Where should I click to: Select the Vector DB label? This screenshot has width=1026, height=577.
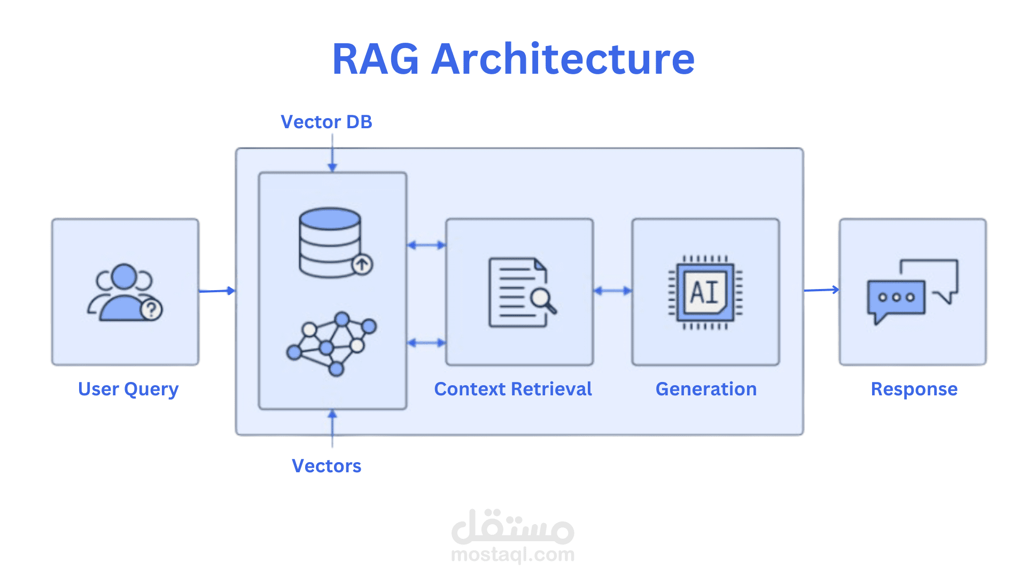[x=326, y=122]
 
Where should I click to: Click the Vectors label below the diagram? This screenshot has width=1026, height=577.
[x=327, y=466]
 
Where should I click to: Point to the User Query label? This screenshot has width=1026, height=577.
[x=128, y=389]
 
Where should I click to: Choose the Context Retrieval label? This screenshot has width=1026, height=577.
[x=513, y=389]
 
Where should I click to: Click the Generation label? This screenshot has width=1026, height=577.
[x=706, y=389]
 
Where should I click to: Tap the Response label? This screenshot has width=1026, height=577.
[x=914, y=389]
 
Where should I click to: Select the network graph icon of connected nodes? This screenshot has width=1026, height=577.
[x=332, y=343]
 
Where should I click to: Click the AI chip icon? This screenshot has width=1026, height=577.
[x=705, y=292]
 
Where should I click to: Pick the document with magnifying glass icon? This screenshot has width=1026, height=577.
[x=521, y=292]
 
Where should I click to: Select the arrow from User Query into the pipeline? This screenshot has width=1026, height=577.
[x=216, y=291]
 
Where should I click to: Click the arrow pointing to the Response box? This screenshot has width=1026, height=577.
[x=821, y=290]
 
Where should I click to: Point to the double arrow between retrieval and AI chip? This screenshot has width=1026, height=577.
[x=612, y=291]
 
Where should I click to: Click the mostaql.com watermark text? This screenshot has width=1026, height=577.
[x=513, y=555]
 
